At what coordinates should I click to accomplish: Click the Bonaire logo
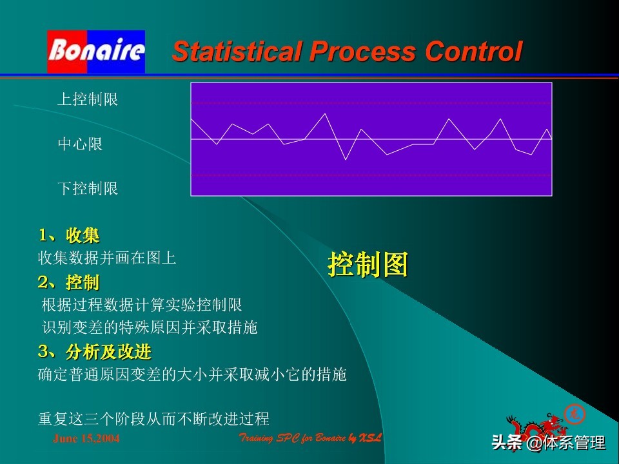[96, 51]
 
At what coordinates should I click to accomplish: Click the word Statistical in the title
[237, 52]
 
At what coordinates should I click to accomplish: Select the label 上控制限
[88, 100]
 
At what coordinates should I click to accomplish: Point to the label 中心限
[80, 144]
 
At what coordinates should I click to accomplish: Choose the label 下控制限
[88, 189]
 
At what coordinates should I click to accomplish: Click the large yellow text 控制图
[368, 264]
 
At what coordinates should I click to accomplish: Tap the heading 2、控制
[69, 282]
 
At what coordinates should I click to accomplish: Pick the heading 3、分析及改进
[95, 352]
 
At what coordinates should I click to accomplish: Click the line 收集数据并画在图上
[107, 258]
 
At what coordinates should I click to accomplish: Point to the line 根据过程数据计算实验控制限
[142, 305]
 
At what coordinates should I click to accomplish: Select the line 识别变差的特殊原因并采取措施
[150, 327]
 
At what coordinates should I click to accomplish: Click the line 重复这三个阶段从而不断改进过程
[153, 419]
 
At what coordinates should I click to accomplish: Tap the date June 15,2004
[86, 439]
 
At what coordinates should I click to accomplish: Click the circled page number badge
[574, 413]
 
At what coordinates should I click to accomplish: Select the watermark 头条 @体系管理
[548, 443]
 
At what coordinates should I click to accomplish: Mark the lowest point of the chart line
[346, 159]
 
